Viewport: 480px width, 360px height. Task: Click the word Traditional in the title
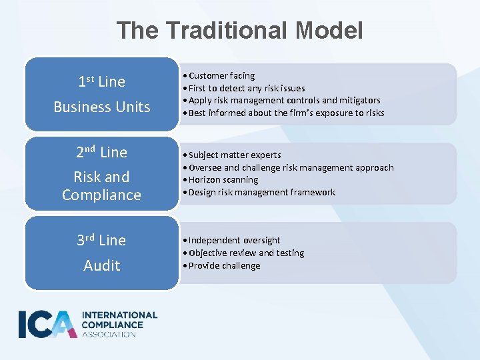[x=223, y=30]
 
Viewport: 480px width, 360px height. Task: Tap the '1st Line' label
[x=101, y=82]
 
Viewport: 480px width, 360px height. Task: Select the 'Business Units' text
[x=101, y=107]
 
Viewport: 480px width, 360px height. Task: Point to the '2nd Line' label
[x=101, y=153]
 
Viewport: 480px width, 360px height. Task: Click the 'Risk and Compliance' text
[x=101, y=186]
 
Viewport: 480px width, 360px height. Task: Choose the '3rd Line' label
[x=101, y=240]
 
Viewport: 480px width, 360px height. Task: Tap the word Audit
[x=101, y=265]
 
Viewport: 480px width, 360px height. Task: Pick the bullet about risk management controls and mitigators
[x=284, y=100]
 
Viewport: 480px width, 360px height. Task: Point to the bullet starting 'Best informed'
[x=286, y=113]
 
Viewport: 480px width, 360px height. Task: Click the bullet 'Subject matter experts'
[x=235, y=155]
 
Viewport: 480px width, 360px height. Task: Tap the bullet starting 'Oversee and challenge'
[x=291, y=167]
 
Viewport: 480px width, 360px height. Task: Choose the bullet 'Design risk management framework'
[x=261, y=192]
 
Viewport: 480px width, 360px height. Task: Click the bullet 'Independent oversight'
[x=234, y=240]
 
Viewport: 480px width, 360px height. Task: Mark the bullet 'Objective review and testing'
[x=246, y=253]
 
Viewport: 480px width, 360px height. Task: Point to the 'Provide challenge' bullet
[x=224, y=265]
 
